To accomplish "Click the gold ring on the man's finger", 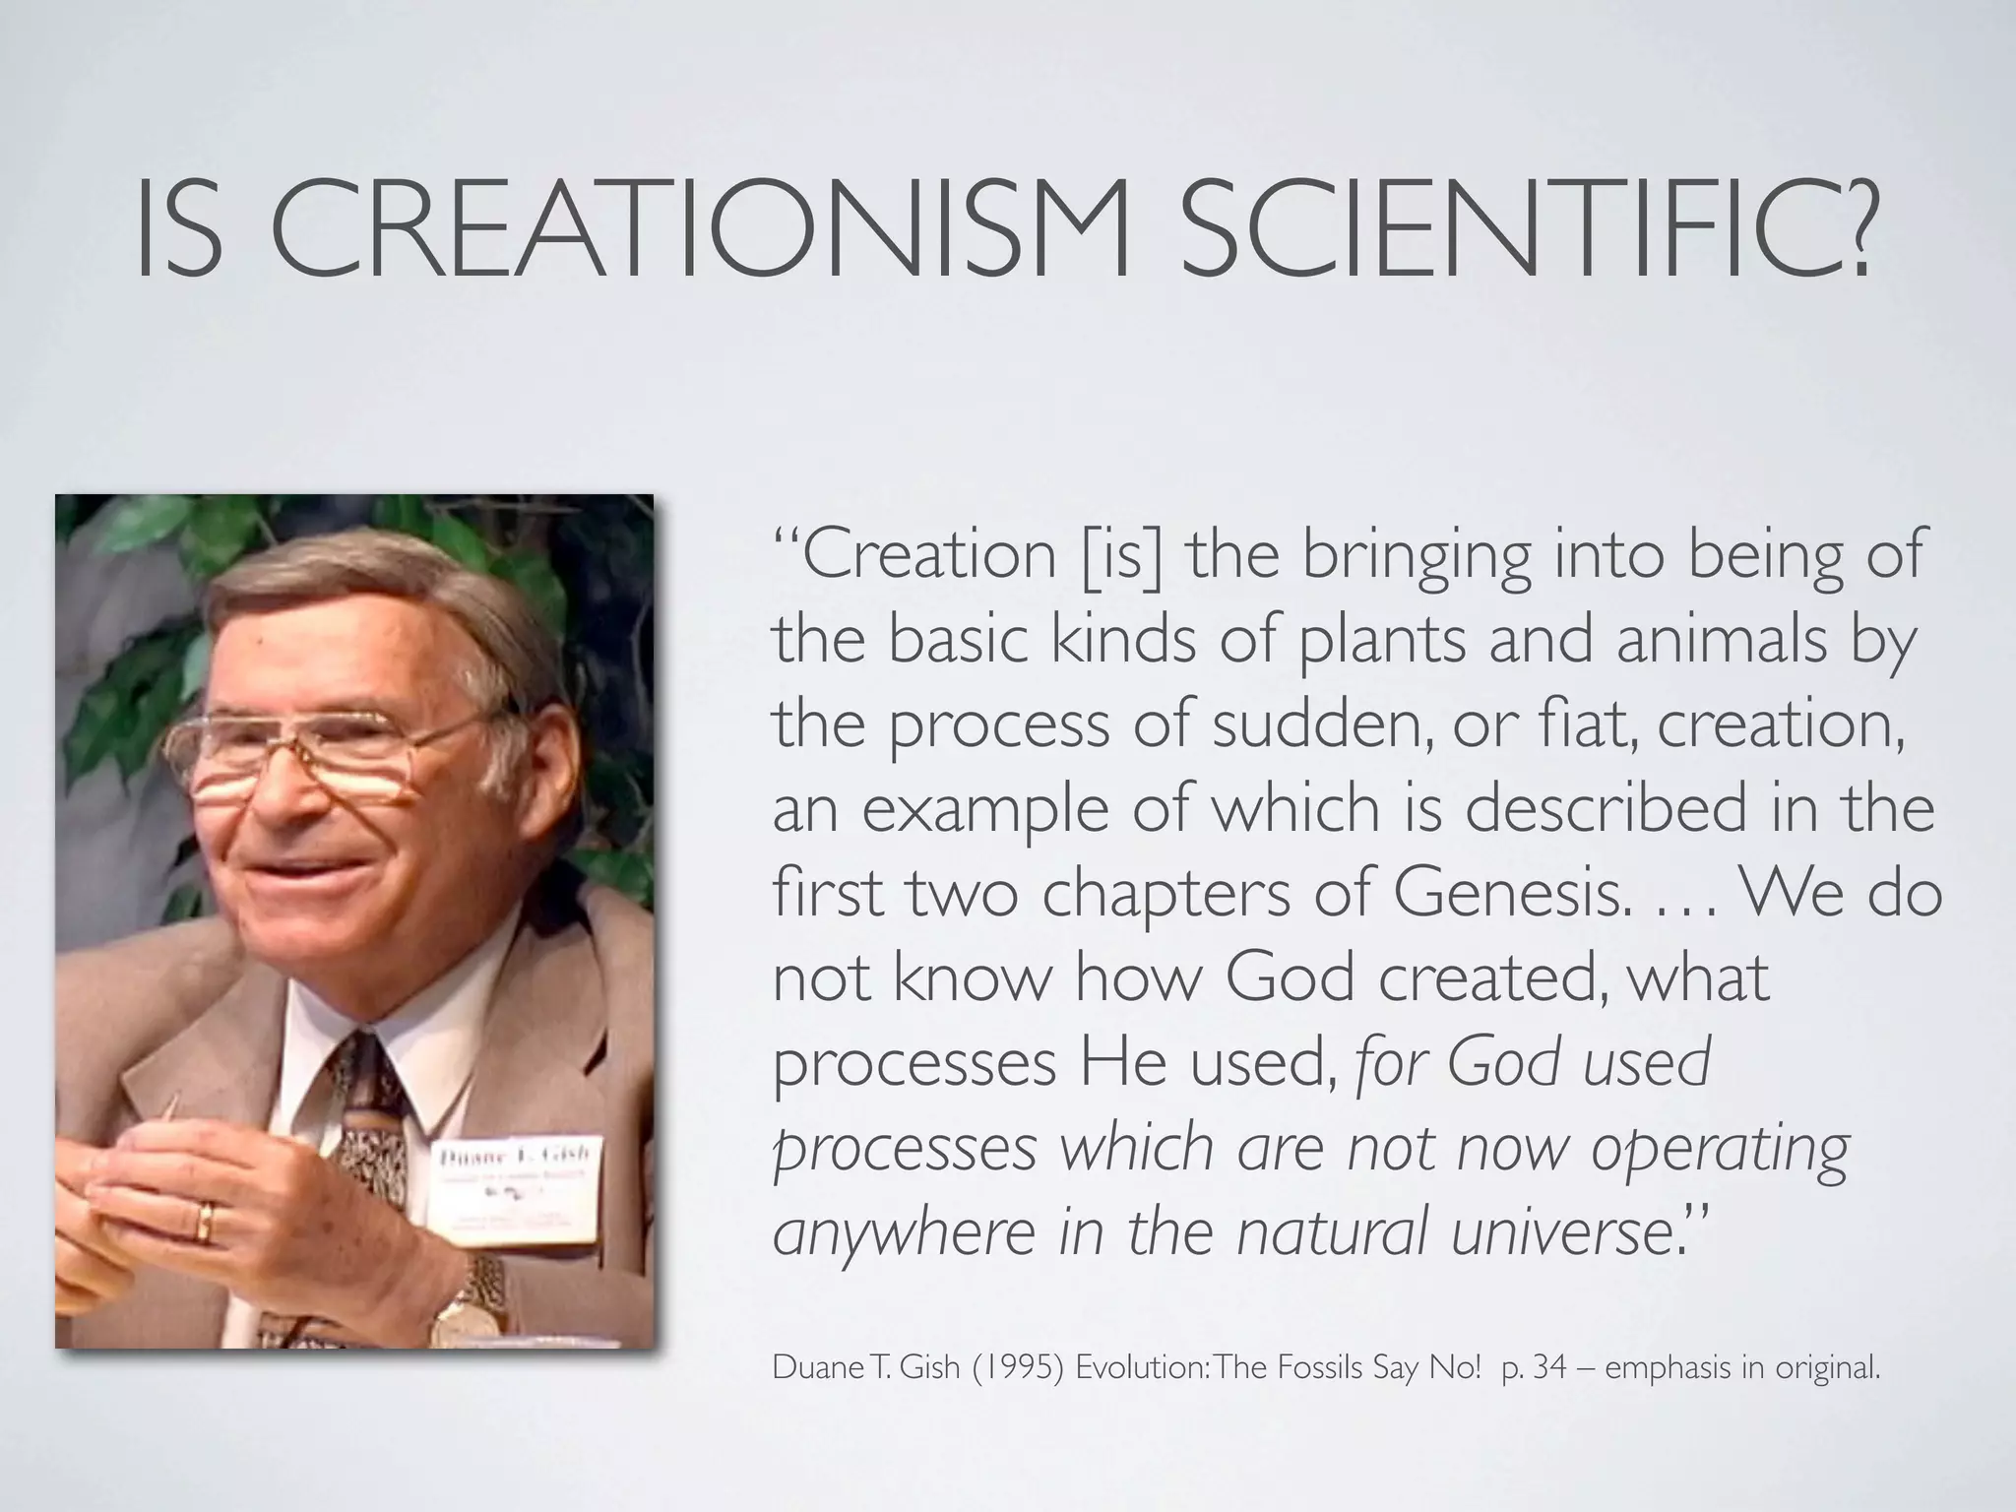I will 205,1224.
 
